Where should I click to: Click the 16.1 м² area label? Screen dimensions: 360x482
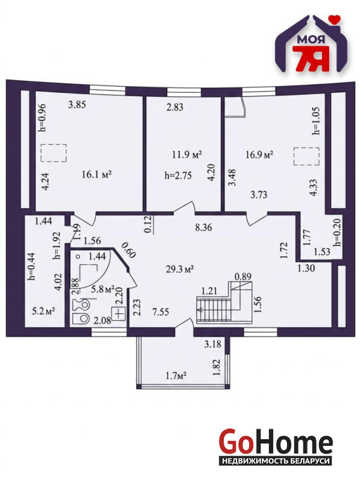point(96,175)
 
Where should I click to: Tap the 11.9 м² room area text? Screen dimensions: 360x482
point(187,154)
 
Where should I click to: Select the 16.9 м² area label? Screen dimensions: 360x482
point(260,154)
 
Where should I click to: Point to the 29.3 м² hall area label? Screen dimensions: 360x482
point(180,269)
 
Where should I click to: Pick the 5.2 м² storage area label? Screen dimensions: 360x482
point(43,311)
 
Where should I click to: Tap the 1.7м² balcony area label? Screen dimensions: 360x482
point(177,375)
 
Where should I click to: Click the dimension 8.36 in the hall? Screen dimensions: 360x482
point(203,228)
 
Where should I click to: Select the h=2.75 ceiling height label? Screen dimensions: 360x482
point(178,175)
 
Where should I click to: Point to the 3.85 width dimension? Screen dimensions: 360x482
point(77,105)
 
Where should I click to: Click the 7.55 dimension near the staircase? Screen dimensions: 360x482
point(160,312)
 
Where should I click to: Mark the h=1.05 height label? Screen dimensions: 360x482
point(316,121)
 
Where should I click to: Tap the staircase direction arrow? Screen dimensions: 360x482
point(214,310)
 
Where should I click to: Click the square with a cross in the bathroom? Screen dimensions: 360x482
point(119,314)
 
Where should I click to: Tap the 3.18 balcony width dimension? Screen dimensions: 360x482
point(213,343)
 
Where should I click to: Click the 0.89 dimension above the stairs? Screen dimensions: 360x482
point(243,276)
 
